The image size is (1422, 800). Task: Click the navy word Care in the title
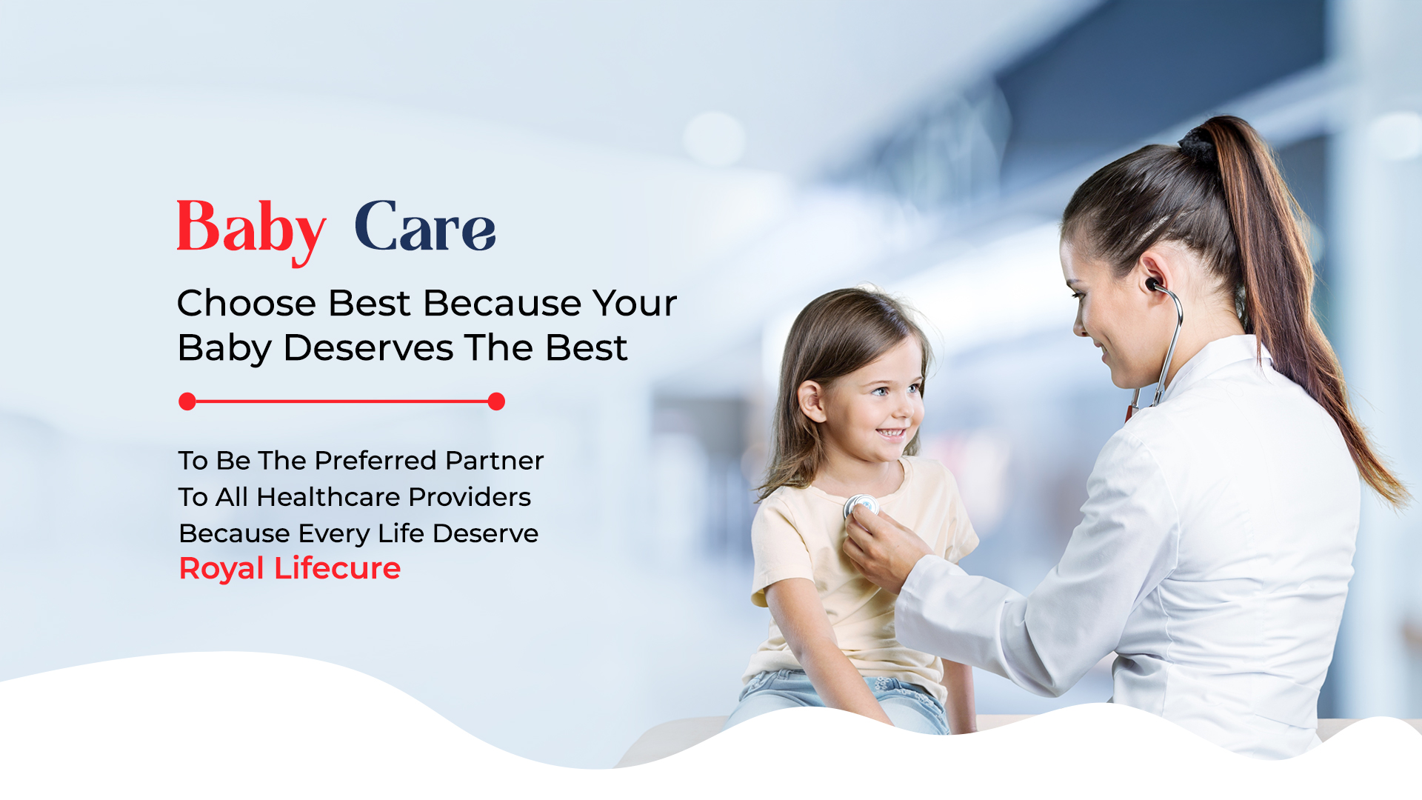(x=424, y=227)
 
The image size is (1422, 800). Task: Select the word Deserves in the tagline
(x=368, y=348)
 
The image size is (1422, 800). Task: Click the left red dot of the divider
(x=187, y=401)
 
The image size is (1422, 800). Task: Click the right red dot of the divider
(x=496, y=401)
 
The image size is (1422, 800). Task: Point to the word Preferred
(x=375, y=461)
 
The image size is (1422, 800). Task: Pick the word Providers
(x=470, y=497)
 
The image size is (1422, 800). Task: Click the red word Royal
(x=221, y=569)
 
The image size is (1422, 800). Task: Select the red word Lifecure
(x=337, y=569)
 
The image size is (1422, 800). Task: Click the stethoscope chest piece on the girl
(x=861, y=507)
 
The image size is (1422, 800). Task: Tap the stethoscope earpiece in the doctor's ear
(x=1153, y=284)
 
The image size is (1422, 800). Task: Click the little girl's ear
(x=811, y=402)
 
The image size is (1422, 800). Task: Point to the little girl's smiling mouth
(x=891, y=433)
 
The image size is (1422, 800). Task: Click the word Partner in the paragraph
(x=494, y=461)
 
